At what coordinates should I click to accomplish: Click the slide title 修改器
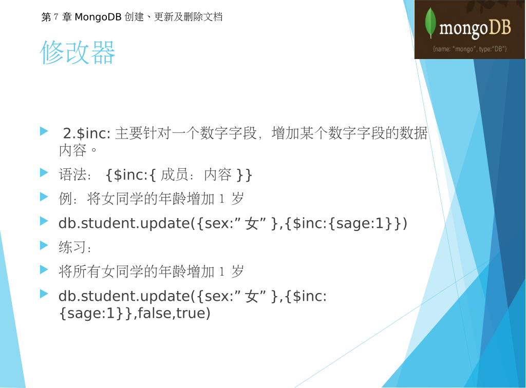(x=78, y=52)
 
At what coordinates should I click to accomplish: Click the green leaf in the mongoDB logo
(x=430, y=23)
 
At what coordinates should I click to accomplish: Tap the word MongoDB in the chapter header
(x=98, y=17)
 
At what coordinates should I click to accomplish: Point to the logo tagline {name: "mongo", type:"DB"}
(x=469, y=49)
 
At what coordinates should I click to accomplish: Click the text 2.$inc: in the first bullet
(x=86, y=133)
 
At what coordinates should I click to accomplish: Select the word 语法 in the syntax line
(x=73, y=174)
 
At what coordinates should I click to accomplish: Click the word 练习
(x=73, y=247)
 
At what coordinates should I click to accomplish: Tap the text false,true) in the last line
(x=174, y=313)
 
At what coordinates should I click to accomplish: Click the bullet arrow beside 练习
(x=44, y=245)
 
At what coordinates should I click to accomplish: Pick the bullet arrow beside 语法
(x=44, y=172)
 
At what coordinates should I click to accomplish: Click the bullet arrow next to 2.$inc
(x=44, y=131)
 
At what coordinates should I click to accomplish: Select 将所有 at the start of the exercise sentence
(x=80, y=271)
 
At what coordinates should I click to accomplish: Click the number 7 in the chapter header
(x=55, y=17)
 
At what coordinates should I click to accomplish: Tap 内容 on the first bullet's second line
(x=73, y=150)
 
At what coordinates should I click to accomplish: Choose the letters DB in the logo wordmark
(x=499, y=27)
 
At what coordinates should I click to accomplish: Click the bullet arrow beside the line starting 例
(x=44, y=197)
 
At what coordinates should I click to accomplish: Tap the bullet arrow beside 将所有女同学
(x=44, y=269)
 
